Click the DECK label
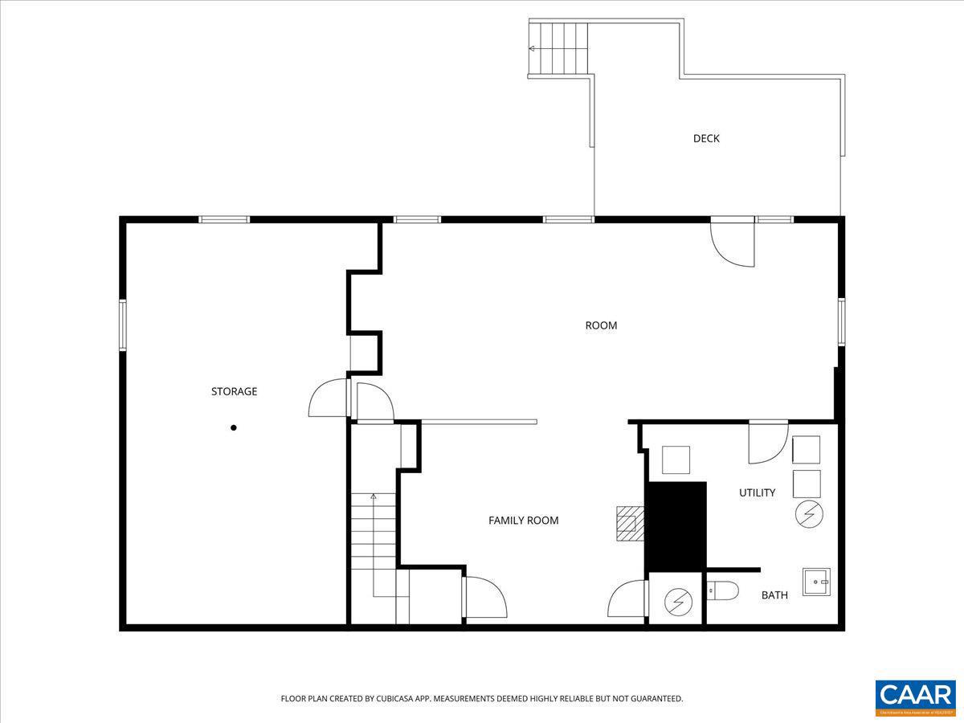pyautogui.click(x=706, y=138)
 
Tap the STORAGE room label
pyautogui.click(x=234, y=391)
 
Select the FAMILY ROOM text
pyautogui.click(x=523, y=521)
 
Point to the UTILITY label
pyautogui.click(x=757, y=492)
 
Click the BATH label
pyautogui.click(x=774, y=595)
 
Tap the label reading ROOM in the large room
pyautogui.click(x=601, y=325)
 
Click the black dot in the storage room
pyautogui.click(x=234, y=427)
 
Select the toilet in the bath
pyautogui.click(x=722, y=592)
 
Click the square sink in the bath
pyautogui.click(x=816, y=581)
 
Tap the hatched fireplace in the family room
pyautogui.click(x=629, y=524)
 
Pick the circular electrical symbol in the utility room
pyautogui.click(x=808, y=514)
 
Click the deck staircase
pyautogui.click(x=559, y=48)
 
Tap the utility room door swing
pyautogui.click(x=766, y=443)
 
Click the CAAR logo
pyautogui.click(x=915, y=696)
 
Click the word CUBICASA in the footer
pyautogui.click(x=390, y=699)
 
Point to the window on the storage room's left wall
pyautogui.click(x=123, y=325)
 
